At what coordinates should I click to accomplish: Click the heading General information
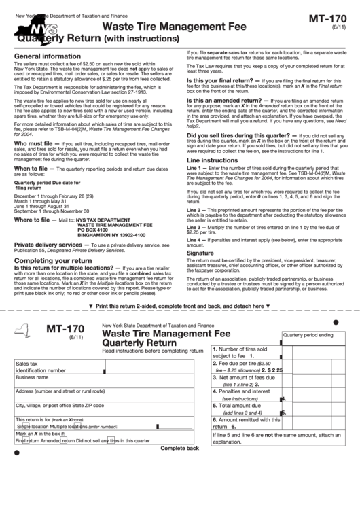tap(47, 56)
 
